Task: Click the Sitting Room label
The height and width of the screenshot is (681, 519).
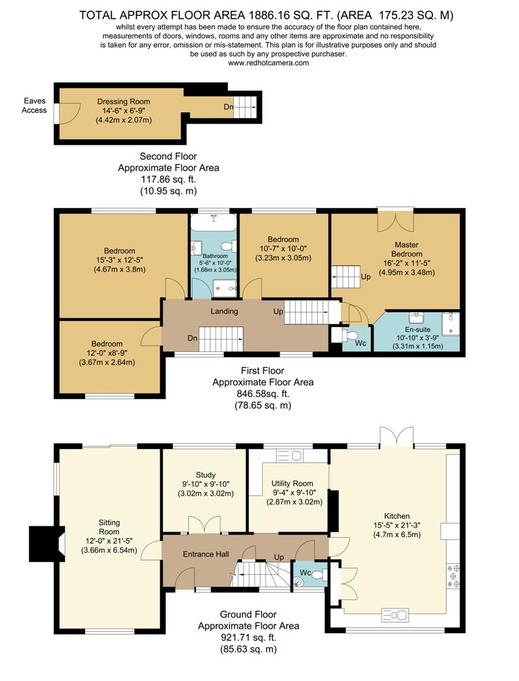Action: coord(109,527)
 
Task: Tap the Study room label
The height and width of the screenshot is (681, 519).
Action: coord(205,475)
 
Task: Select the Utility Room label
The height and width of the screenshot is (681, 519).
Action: coord(293,484)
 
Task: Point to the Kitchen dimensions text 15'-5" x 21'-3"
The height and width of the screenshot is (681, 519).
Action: coord(397,526)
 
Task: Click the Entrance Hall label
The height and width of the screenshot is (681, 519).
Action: coord(206,554)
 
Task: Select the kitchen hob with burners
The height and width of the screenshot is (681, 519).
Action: coord(453,576)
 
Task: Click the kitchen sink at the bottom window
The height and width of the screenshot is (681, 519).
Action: coord(395,615)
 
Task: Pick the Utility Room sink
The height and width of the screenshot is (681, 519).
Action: coord(290,455)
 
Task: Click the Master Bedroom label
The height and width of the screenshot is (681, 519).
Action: coord(407,249)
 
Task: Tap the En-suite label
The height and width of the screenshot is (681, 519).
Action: coord(418,330)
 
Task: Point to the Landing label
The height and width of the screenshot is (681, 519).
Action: coord(224,311)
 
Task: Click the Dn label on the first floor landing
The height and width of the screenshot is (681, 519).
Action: coord(193,338)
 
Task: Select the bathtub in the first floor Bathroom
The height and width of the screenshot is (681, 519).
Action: coord(214,222)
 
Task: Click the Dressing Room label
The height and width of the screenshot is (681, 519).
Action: coord(124,101)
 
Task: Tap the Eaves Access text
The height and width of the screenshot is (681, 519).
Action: coord(34,105)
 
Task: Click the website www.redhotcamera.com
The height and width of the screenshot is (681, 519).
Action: coord(268,63)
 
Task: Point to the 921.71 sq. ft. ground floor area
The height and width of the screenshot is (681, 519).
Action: coord(249,638)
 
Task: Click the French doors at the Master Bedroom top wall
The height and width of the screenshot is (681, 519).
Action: coord(395,220)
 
